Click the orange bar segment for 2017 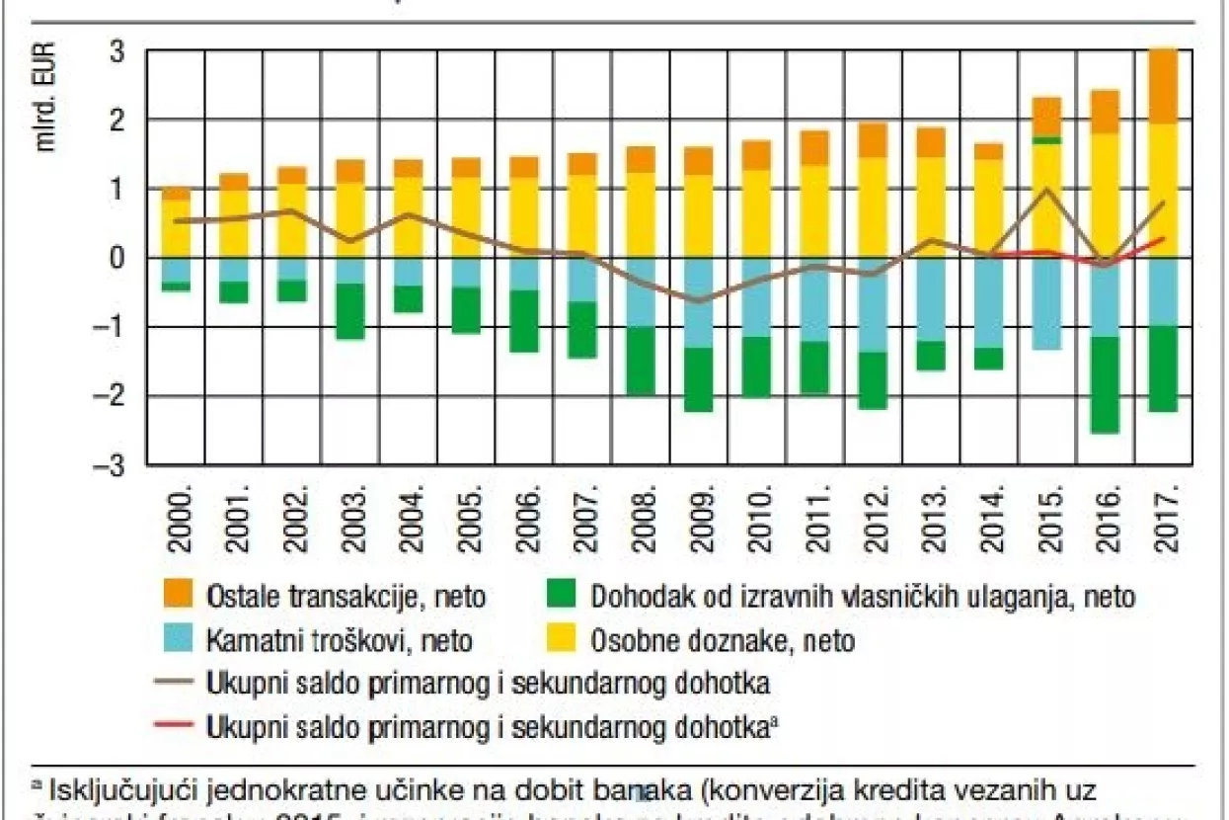(1164, 86)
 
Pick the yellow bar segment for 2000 (177, 227)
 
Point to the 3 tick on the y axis (115, 50)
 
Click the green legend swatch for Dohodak (561, 597)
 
